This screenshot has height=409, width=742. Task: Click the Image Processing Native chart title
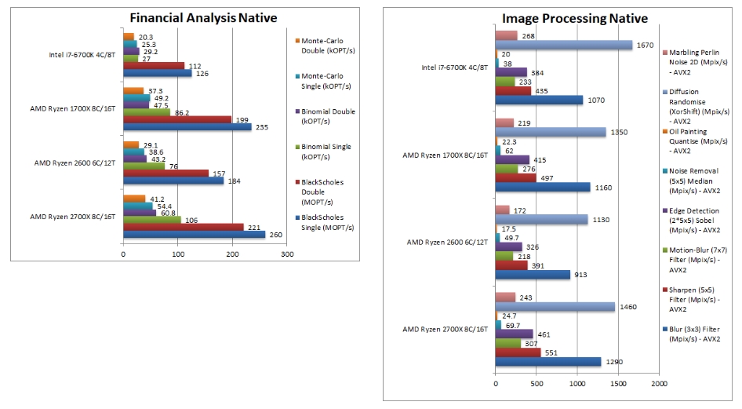tap(575, 18)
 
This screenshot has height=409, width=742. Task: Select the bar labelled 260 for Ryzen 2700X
tap(194, 234)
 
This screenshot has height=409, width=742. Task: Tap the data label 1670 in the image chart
tap(645, 45)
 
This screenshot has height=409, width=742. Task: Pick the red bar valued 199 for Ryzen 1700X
tap(177, 119)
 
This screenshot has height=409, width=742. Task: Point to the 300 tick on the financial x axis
tap(287, 254)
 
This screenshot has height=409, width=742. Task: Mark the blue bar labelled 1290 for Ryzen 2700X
tap(547, 362)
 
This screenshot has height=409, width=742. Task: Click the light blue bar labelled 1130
tap(541, 220)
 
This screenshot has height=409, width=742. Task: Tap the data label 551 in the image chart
tap(551, 352)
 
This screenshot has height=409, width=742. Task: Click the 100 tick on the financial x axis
tap(178, 254)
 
